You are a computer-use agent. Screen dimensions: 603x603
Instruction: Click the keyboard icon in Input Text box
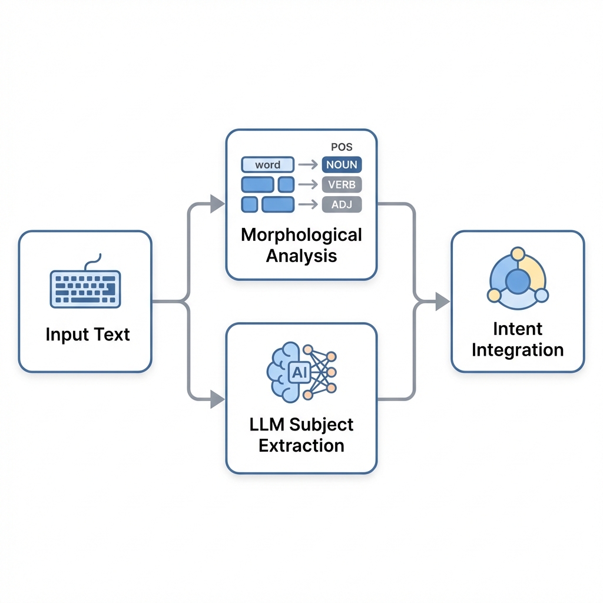[x=85, y=288]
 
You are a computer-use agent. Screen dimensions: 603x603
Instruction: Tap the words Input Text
[x=88, y=334]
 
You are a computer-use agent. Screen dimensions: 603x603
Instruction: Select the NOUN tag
[x=342, y=165]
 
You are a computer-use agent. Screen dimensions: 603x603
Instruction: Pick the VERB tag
[x=342, y=184]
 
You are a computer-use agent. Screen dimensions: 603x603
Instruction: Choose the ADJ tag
[x=342, y=204]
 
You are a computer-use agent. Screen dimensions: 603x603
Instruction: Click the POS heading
[x=341, y=146]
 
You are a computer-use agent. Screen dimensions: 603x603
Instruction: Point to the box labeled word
[x=268, y=165]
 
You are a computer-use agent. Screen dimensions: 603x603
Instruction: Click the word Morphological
[x=301, y=234]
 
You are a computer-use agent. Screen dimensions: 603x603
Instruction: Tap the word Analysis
[x=301, y=256]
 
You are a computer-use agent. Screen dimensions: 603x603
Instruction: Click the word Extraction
[x=301, y=445]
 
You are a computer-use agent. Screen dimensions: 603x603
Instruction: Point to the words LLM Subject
[x=301, y=424]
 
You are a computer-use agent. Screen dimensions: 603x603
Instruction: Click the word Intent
[x=518, y=329]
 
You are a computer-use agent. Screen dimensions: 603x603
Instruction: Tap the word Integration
[x=518, y=350]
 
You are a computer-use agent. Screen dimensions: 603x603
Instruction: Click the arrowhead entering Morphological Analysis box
[x=217, y=204]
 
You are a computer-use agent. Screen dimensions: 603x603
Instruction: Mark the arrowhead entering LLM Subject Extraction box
[x=217, y=400]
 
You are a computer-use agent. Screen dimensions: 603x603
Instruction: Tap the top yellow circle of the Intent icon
[x=518, y=254]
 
